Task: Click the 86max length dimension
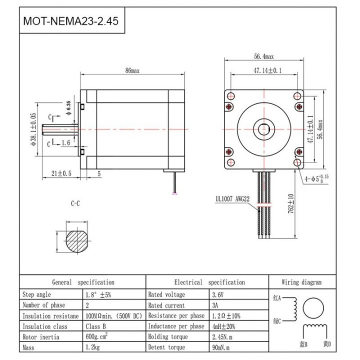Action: coord(131,71)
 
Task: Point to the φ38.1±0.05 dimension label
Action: coord(32,128)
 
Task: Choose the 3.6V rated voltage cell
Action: coord(218,294)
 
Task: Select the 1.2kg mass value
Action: coord(93,347)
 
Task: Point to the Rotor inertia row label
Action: coord(39,336)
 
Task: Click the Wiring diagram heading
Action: coord(301,282)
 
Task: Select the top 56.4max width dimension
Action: coord(263,57)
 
